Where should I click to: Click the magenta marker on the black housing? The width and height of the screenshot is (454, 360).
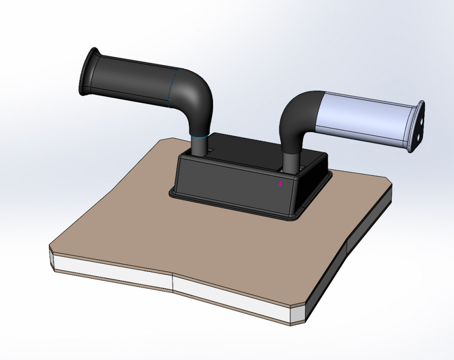281,184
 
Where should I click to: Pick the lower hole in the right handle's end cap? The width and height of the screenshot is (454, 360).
418,136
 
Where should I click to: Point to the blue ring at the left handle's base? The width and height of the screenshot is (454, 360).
198,136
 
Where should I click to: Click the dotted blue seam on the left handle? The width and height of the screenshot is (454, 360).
172,89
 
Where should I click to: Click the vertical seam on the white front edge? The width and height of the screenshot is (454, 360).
173,282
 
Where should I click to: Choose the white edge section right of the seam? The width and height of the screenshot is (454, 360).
232,295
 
